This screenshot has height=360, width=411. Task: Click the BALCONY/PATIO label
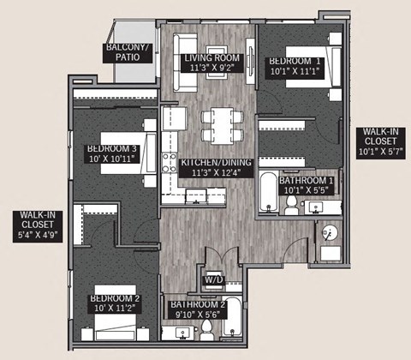coord(129,53)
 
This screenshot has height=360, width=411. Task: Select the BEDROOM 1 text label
coord(295,67)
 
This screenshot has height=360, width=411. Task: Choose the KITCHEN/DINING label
coord(216,166)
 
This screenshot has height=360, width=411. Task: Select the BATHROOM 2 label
coord(197,309)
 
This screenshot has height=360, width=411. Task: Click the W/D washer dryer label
coord(211,280)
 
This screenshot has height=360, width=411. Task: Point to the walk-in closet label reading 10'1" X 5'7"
coord(378,140)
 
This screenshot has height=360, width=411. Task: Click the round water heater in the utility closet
coord(327,232)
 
